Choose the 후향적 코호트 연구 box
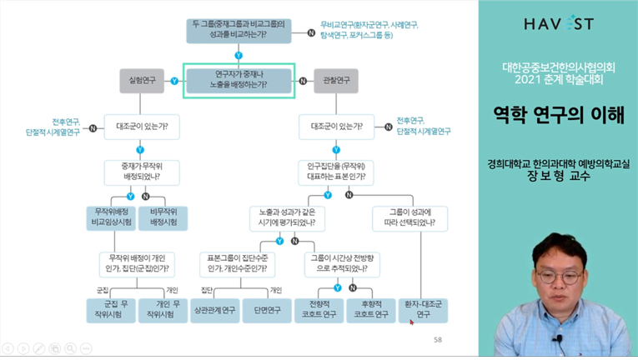pyautogui.click(x=370, y=308)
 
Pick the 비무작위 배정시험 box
pyautogui.click(x=162, y=218)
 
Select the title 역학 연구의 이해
pyautogui.click(x=558, y=115)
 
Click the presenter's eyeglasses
pyautogui.click(x=556, y=276)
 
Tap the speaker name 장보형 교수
pyautogui.click(x=559, y=177)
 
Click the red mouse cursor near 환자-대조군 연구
pyautogui.click(x=411, y=322)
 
